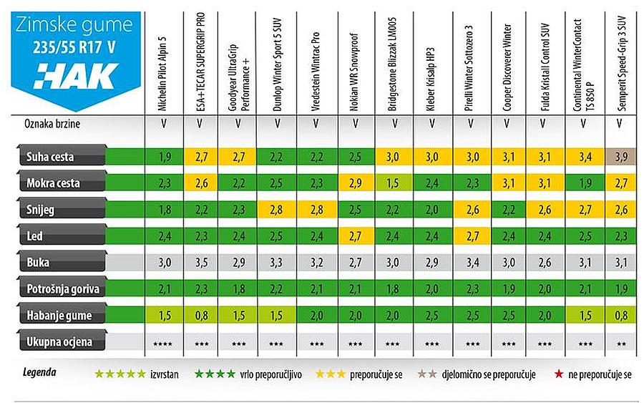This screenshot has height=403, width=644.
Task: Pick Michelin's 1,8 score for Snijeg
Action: [164, 210]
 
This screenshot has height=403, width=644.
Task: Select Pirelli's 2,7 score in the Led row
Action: [470, 236]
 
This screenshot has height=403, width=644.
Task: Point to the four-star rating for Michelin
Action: [164, 343]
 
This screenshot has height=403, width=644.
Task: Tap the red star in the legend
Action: [555, 373]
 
